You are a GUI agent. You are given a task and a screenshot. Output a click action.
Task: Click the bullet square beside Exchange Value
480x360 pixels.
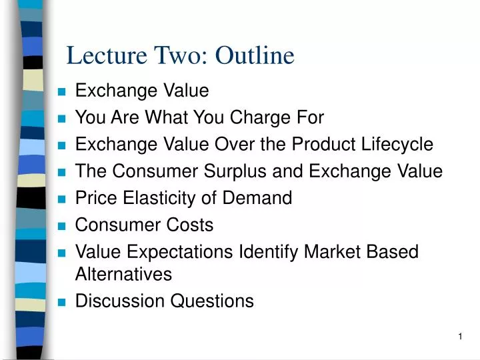click(x=62, y=92)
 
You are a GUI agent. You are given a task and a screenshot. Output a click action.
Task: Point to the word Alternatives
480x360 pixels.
click(x=123, y=274)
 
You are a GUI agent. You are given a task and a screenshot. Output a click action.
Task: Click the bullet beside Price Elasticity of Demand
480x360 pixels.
click(x=62, y=199)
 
